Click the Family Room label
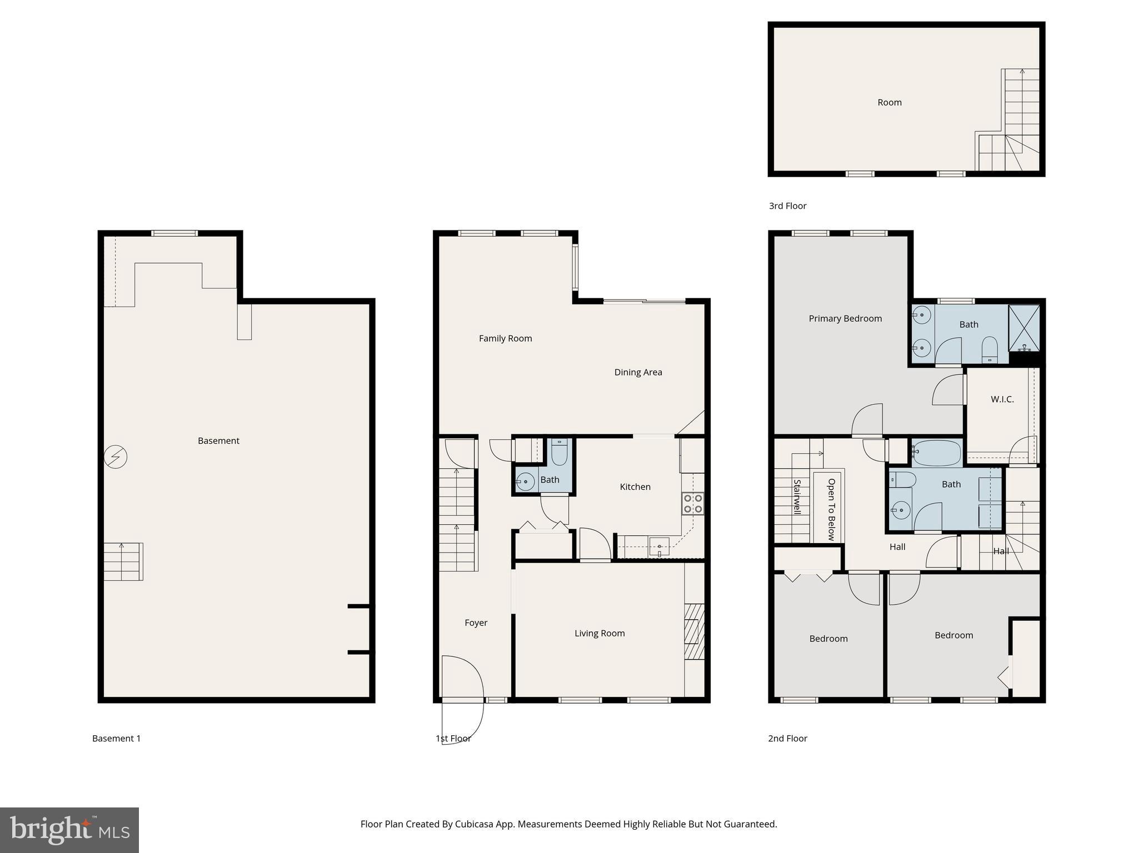505,338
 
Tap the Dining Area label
638,372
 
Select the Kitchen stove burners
693,504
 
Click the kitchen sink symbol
660,547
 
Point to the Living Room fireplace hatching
694,631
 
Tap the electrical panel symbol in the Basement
116,457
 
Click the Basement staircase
123,561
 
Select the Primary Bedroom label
845,318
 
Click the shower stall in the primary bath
1024,328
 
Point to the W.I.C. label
1002,399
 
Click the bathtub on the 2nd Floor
936,453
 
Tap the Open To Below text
831,509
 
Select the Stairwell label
797,497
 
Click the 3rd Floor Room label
889,102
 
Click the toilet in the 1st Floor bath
559,453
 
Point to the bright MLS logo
69,830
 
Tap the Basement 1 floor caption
116,738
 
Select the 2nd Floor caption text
787,738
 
